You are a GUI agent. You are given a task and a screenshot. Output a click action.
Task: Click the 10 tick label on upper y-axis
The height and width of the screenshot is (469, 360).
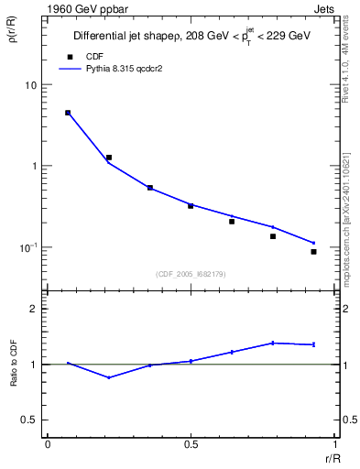30,85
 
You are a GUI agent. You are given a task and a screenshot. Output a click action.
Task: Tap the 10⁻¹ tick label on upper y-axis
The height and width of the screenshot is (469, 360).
28,247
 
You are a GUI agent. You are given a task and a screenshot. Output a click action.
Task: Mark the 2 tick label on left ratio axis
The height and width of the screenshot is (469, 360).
34,309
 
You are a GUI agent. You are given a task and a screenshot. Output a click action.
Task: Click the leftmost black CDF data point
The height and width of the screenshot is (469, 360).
68,113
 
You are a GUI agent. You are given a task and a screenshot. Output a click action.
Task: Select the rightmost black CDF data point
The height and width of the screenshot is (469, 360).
313,251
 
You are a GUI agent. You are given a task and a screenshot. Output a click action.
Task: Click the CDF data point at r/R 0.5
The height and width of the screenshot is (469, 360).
191,205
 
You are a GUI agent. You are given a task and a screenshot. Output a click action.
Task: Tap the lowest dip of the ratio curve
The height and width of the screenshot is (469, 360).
109,377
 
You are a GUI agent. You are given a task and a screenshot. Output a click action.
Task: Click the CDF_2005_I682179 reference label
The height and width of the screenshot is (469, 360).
191,273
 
